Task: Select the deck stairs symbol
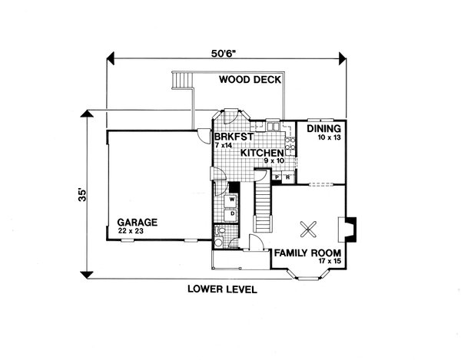[x=183, y=81]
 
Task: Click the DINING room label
[x=324, y=129]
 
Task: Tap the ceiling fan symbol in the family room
[x=309, y=228]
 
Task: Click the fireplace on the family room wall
[x=347, y=229]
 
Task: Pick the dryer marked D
[x=230, y=213]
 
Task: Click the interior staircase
[x=264, y=203]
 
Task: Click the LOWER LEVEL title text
[x=222, y=289]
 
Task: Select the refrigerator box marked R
[x=287, y=177]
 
